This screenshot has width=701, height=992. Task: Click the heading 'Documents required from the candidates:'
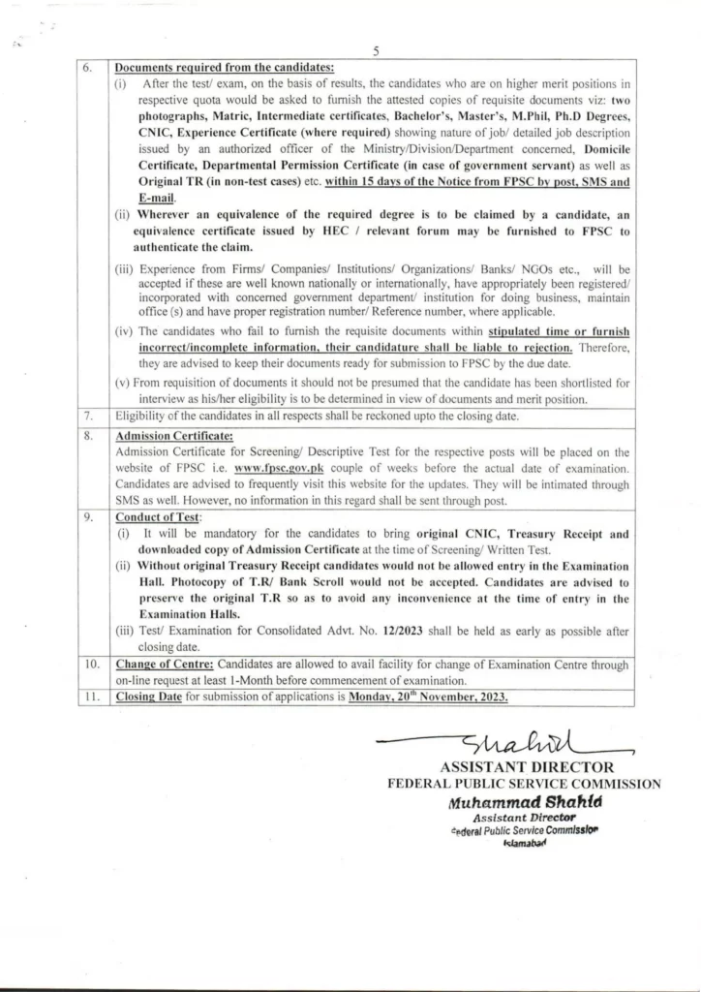coord(225,68)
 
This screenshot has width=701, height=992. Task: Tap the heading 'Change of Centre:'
coord(166,665)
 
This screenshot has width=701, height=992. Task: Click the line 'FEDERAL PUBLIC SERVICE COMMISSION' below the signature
coord(524,785)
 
